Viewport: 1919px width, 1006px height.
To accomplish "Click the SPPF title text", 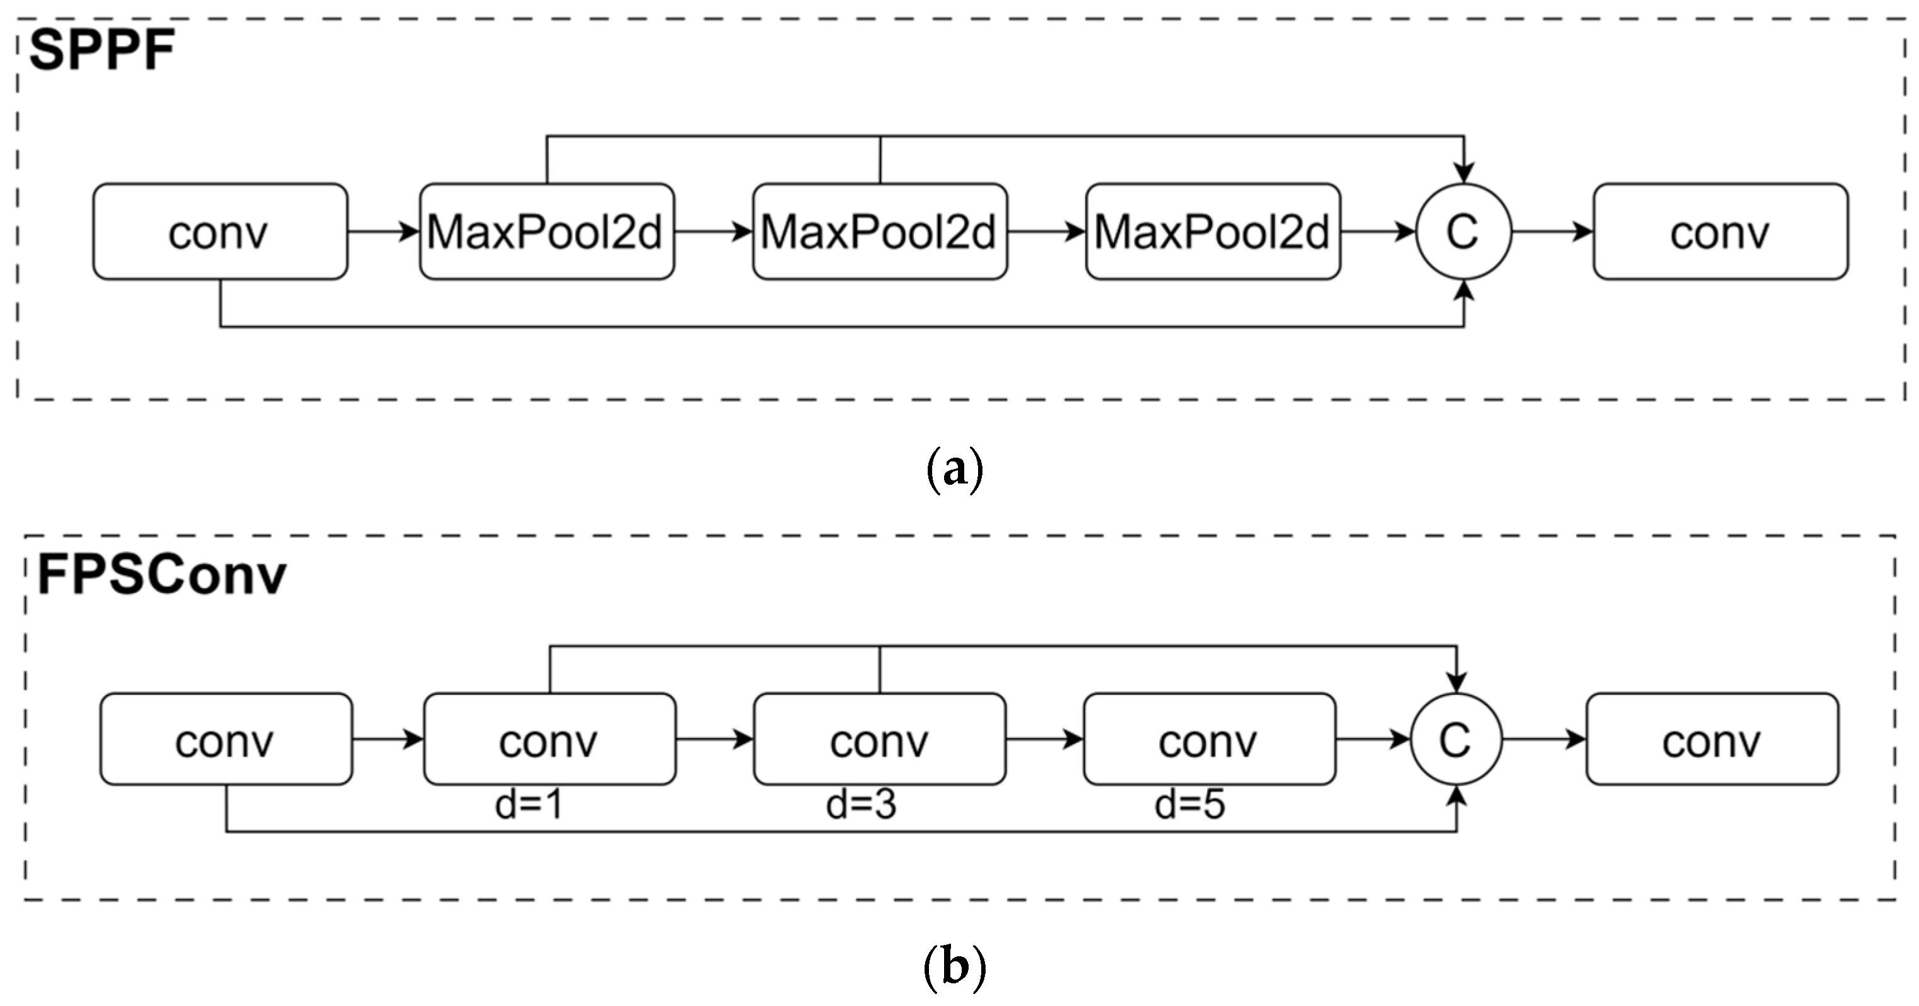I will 102,50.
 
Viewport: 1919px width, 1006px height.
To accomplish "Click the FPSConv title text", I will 162,575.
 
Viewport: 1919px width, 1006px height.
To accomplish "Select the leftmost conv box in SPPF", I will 220,232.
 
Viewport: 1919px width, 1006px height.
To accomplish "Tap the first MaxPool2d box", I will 546,232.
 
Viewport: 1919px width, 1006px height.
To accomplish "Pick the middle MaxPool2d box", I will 880,232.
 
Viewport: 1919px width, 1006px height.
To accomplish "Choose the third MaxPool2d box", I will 1213,232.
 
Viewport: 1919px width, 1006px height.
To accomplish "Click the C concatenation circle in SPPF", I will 1463,232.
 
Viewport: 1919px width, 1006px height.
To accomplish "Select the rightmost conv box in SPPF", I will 1720,232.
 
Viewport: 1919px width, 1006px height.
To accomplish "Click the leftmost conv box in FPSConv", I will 226,739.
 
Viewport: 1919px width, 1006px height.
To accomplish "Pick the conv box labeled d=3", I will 880,739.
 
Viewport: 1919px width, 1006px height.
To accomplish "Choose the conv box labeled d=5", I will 1209,739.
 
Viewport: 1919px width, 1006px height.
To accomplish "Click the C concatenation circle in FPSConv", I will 1456,739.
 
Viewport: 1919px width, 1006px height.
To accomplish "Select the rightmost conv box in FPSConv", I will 1712,739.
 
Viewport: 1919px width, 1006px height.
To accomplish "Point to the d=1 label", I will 529,805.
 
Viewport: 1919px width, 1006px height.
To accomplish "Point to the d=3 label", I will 860,805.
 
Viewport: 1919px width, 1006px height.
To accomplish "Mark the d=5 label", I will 1190,805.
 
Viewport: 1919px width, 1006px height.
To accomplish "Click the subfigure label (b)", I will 954,966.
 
